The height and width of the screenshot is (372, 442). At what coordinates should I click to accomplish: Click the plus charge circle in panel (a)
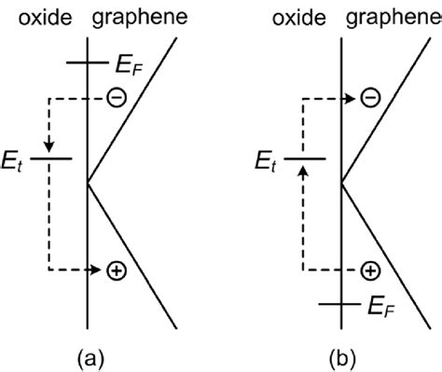coord(116,271)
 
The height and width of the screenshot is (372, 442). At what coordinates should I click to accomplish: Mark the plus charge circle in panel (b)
coord(370,271)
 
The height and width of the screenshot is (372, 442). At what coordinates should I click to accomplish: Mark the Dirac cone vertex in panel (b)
coord(342,182)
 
